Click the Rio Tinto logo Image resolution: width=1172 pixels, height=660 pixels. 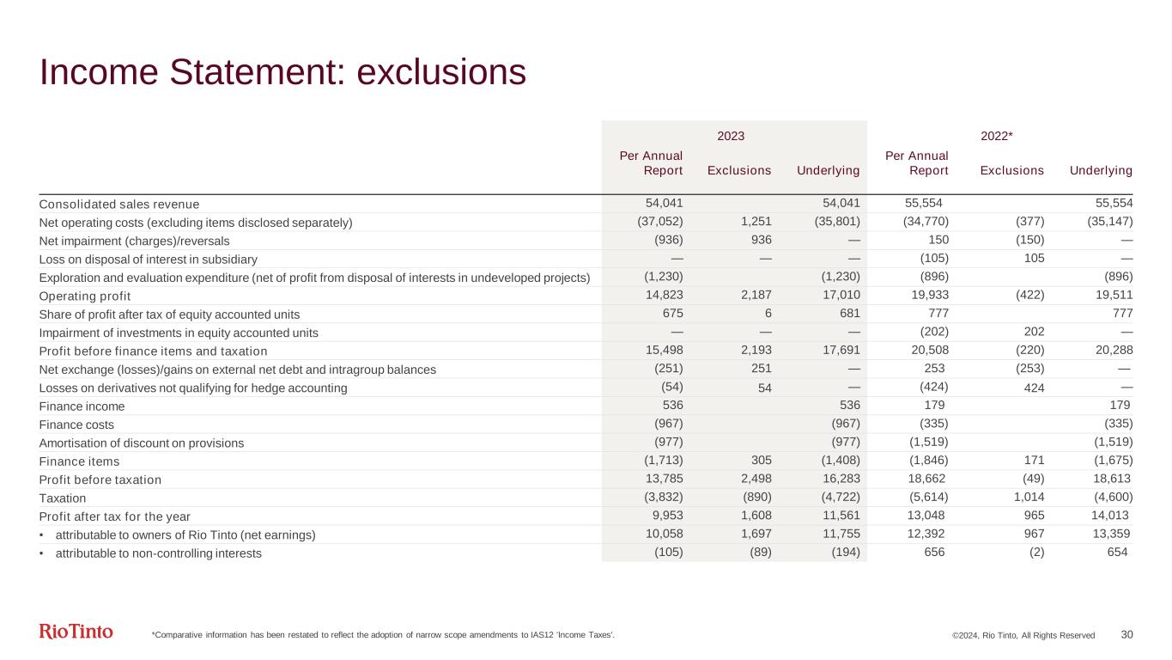[x=76, y=632]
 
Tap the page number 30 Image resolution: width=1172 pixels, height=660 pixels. [x=1127, y=634]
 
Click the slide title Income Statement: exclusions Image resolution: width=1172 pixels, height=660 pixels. [x=282, y=73]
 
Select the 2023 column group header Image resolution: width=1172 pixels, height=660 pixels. [x=730, y=136]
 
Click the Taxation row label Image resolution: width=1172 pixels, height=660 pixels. [x=63, y=498]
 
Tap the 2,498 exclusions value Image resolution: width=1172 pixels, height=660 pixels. [x=752, y=479]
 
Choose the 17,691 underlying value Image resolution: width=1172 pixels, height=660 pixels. [x=841, y=351]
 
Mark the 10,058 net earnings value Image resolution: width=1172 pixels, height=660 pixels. [x=664, y=535]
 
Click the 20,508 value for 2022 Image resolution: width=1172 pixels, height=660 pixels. [x=929, y=351]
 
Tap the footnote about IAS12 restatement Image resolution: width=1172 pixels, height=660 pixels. [x=383, y=635]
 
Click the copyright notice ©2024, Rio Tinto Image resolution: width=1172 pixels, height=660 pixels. [x=1023, y=635]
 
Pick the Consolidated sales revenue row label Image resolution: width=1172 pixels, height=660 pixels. [x=118, y=204]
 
